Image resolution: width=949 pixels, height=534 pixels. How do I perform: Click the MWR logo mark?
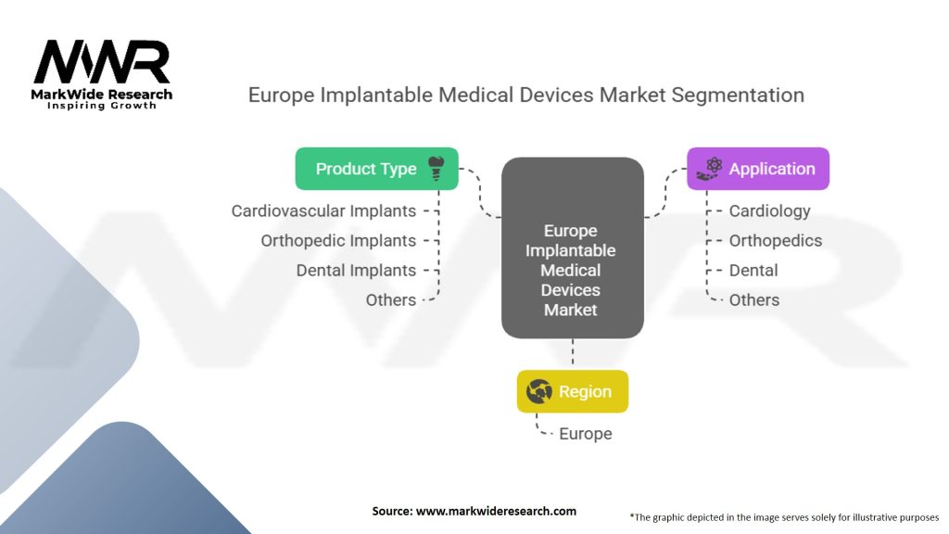(x=102, y=62)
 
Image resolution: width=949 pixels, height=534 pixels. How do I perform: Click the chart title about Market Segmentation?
(x=526, y=95)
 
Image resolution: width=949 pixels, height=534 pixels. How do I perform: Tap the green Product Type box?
(x=376, y=169)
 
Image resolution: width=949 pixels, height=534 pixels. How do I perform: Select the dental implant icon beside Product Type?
(x=436, y=169)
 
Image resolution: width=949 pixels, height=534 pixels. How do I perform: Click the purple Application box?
(x=758, y=169)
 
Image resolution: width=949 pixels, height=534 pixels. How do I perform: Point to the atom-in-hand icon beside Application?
(x=709, y=169)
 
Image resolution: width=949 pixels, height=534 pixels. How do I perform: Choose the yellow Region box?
(x=573, y=391)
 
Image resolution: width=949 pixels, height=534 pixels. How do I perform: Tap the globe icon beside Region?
(x=538, y=391)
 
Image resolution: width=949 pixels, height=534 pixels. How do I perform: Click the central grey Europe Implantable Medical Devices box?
(x=573, y=248)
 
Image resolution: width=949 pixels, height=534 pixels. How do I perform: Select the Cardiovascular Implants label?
(x=323, y=210)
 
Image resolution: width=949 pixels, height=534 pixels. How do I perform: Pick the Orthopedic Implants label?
(x=338, y=240)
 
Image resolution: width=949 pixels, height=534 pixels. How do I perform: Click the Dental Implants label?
(x=356, y=270)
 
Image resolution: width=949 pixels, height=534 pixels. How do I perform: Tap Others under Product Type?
(x=391, y=299)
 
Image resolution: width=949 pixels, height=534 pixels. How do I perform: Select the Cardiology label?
(x=769, y=210)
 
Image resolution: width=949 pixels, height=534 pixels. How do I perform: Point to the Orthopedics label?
(x=776, y=240)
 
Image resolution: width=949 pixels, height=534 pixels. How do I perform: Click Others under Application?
(x=754, y=299)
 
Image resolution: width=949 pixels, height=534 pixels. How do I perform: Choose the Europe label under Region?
(x=586, y=434)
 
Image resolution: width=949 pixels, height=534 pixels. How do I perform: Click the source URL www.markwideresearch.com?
(x=497, y=511)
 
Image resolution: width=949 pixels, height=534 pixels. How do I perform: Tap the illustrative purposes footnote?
(x=784, y=517)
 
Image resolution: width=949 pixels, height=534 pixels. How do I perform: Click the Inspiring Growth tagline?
(x=102, y=106)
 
